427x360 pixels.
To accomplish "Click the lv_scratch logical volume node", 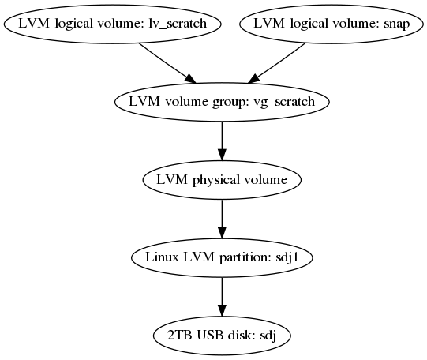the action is coord(112,24).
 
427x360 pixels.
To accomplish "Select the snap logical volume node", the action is coord(331,24).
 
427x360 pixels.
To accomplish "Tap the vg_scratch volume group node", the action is coord(222,102).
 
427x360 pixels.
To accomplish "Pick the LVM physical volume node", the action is coord(222,180).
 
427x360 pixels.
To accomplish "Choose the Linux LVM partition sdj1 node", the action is coord(222,257).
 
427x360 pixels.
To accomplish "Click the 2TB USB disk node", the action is coord(222,336).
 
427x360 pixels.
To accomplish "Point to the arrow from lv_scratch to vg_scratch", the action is coord(167,63).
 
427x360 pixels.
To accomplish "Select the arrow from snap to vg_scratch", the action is coord(276,63).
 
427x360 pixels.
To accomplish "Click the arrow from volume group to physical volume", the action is coord(222,141).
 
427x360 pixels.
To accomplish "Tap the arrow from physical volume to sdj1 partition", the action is coord(222,219).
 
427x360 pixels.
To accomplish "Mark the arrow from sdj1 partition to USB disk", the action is coord(222,297).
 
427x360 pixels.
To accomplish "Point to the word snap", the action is coord(396,24).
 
